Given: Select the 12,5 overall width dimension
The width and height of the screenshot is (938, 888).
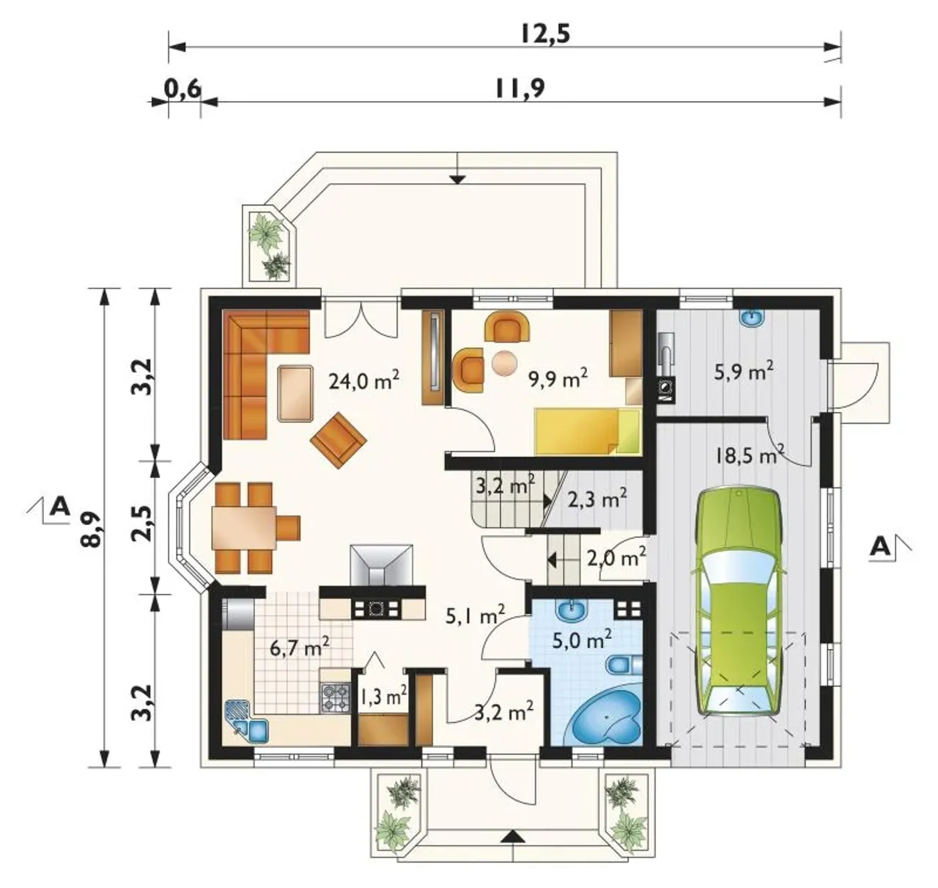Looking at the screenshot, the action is pyautogui.click(x=545, y=35).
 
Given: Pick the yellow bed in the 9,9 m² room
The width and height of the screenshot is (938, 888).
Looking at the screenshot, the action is pyautogui.click(x=587, y=430).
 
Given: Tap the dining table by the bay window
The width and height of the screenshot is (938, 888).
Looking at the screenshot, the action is pyautogui.click(x=244, y=528).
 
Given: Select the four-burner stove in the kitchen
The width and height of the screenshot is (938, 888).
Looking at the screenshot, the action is pyautogui.click(x=335, y=698).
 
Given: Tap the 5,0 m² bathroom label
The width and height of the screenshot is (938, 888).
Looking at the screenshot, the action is pyautogui.click(x=582, y=639).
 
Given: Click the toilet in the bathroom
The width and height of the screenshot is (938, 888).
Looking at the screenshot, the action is pyautogui.click(x=624, y=664).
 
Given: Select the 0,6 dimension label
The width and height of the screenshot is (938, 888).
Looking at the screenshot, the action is pyautogui.click(x=183, y=89).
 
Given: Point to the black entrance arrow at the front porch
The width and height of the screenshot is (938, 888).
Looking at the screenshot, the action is pyautogui.click(x=513, y=835).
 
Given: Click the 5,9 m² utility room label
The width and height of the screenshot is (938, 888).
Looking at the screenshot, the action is pyautogui.click(x=743, y=371).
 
